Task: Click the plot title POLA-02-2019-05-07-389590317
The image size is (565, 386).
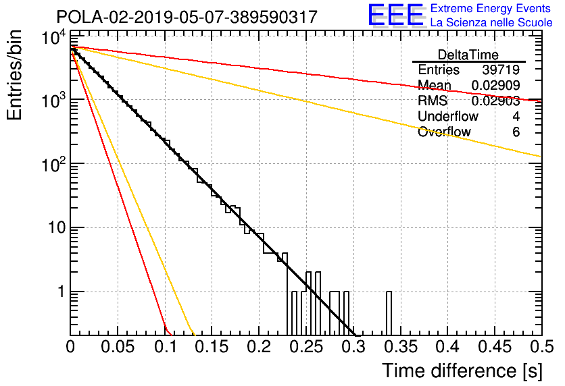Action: [x=187, y=17]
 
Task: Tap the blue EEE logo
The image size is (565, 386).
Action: [x=396, y=15]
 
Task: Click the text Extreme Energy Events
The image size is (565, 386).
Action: [x=491, y=8]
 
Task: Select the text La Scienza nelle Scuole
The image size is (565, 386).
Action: [x=491, y=22]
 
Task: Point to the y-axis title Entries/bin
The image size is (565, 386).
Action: [x=14, y=76]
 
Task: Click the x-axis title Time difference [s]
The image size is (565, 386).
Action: [x=462, y=370]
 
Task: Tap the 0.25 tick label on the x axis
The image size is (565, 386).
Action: [x=307, y=347]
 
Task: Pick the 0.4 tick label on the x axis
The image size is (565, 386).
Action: [x=448, y=347]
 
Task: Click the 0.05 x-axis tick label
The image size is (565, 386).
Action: [x=118, y=347]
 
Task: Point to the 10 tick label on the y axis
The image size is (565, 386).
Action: [x=57, y=227]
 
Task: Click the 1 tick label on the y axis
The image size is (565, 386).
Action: [x=62, y=292]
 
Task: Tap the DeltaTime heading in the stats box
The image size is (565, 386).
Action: [x=468, y=55]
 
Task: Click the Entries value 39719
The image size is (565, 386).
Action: [x=501, y=70]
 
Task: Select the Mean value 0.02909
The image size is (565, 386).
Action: [x=496, y=85]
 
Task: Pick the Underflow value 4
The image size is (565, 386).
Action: [x=516, y=116]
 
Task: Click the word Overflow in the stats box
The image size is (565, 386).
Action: [x=444, y=132]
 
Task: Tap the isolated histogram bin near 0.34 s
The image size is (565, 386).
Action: [x=389, y=313]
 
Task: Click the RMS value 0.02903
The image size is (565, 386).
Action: [x=496, y=101]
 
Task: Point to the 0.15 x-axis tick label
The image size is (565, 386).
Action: [x=212, y=347]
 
